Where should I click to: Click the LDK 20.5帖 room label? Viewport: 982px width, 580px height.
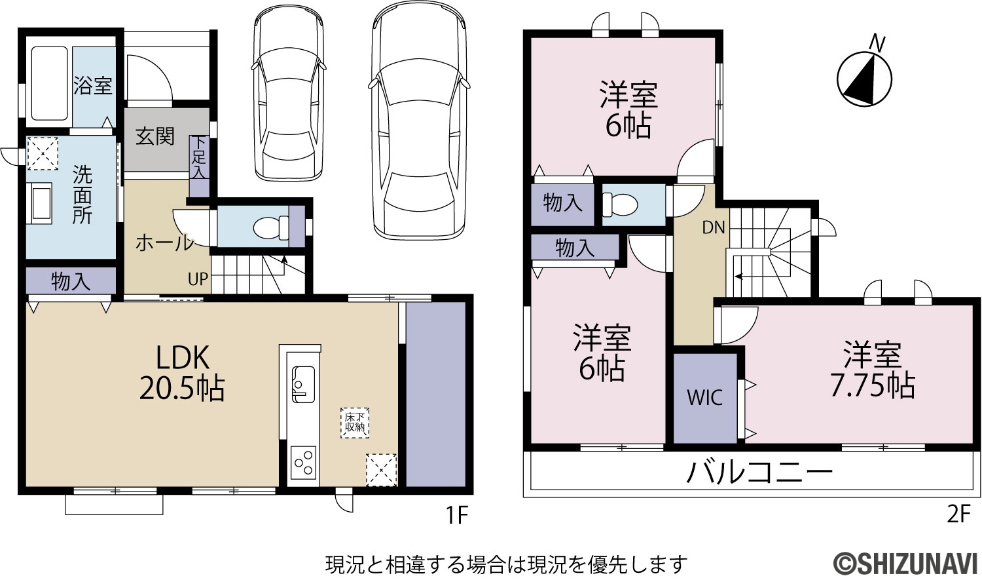pyautogui.click(x=182, y=373)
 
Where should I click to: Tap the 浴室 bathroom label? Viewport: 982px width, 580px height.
pyautogui.click(x=92, y=85)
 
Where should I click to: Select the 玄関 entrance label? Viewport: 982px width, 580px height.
pyautogui.click(x=155, y=136)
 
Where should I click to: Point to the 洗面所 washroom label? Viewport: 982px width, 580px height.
pyautogui.click(x=82, y=195)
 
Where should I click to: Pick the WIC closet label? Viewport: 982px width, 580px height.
pyautogui.click(x=704, y=398)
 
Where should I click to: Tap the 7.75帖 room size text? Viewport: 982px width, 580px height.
pyautogui.click(x=873, y=386)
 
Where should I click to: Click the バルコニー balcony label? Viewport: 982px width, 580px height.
pyautogui.click(x=759, y=473)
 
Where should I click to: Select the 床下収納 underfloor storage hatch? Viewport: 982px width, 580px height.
pyautogui.click(x=355, y=423)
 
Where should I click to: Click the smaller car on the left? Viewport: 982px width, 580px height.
pyautogui.click(x=289, y=92)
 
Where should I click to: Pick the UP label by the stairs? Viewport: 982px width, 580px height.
pyautogui.click(x=198, y=279)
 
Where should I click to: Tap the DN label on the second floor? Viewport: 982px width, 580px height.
pyautogui.click(x=714, y=227)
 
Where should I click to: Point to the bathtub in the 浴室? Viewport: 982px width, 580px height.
pyautogui.click(x=50, y=83)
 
